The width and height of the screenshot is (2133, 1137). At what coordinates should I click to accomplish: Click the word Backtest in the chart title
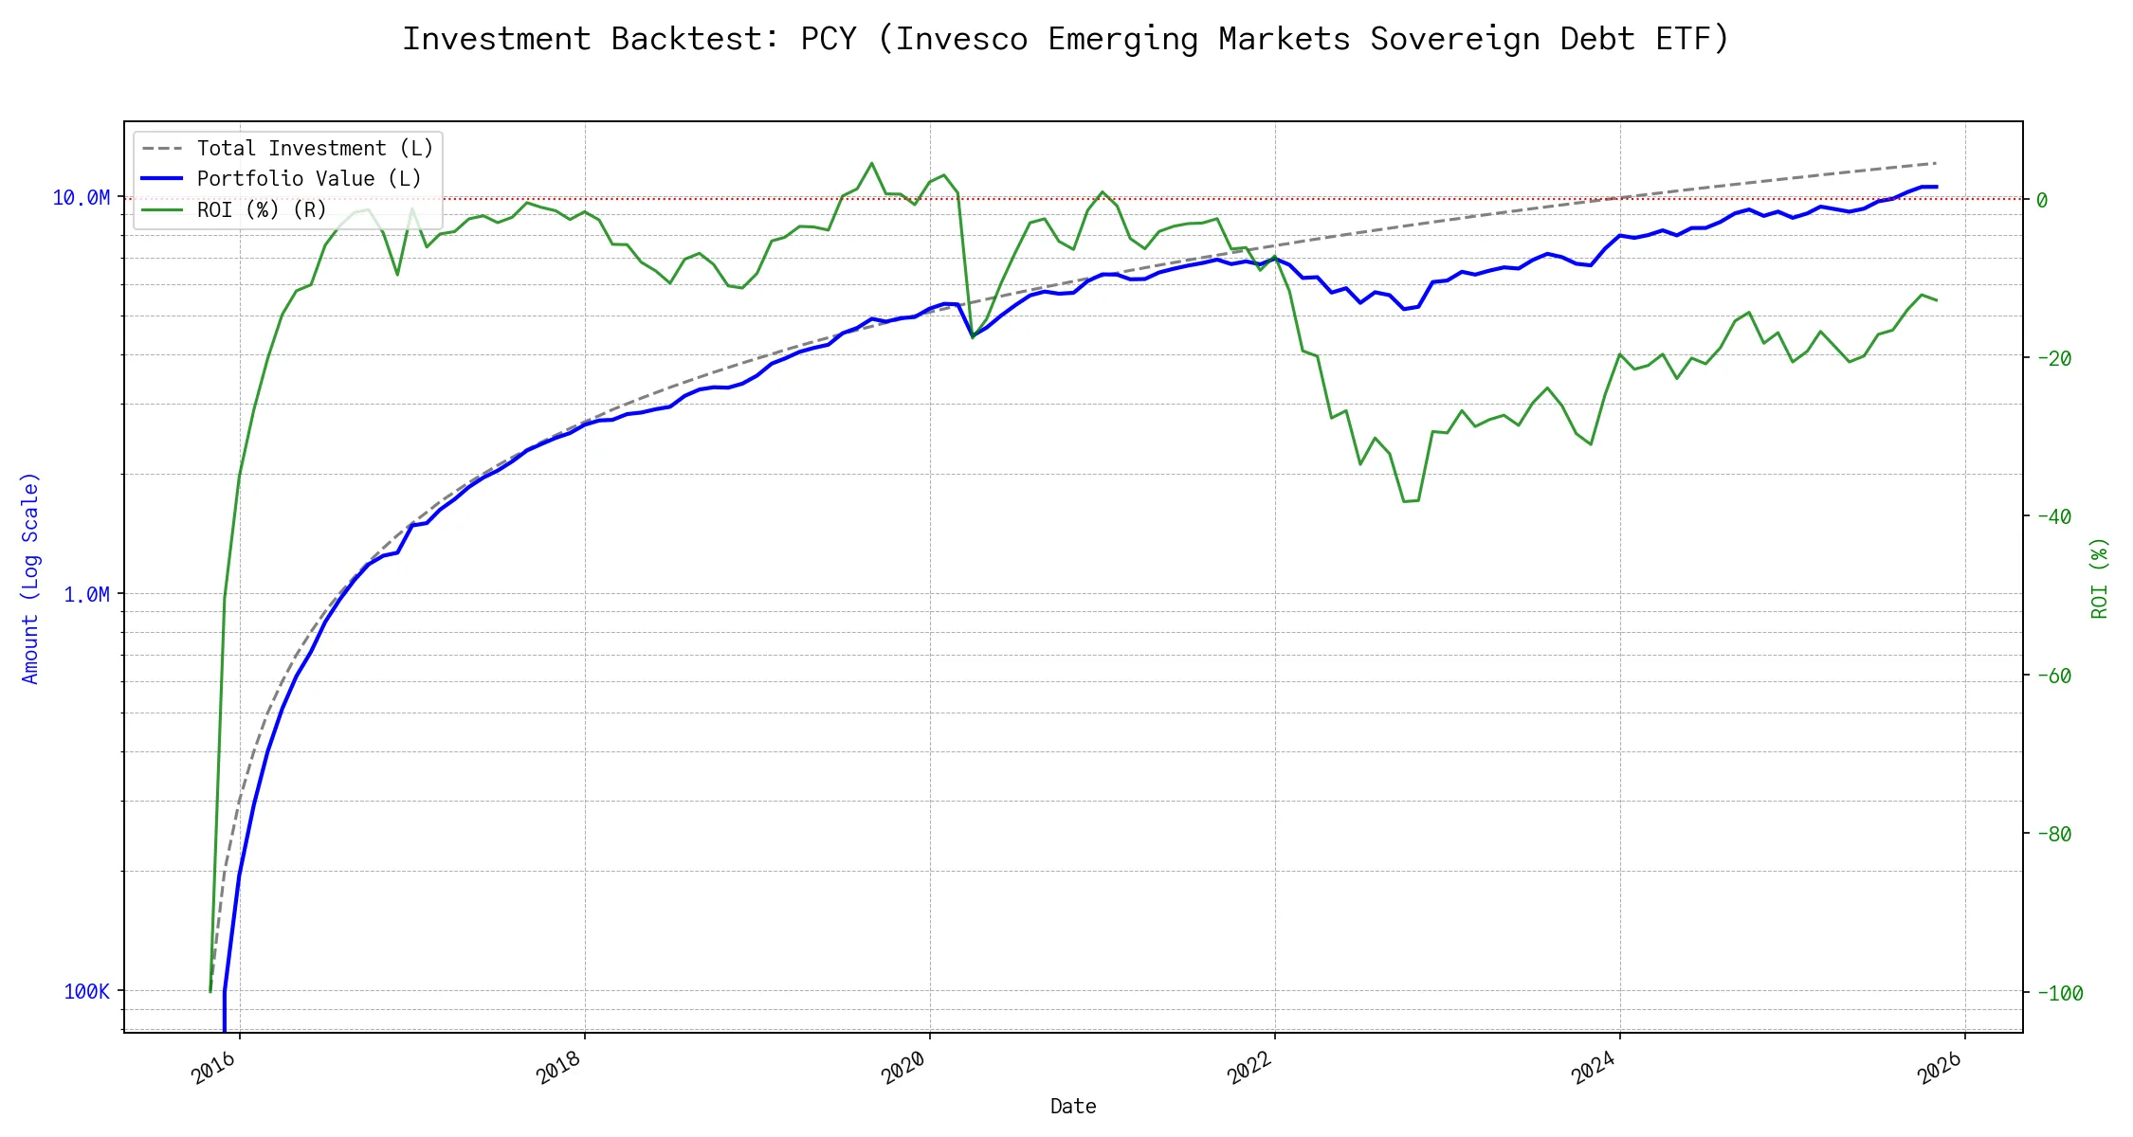tap(696, 39)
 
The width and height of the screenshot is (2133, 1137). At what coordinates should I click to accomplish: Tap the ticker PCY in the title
tap(829, 39)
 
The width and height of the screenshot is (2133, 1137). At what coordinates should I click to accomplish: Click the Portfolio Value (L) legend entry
tap(309, 179)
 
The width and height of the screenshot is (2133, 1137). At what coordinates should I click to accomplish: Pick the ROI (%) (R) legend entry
tap(262, 209)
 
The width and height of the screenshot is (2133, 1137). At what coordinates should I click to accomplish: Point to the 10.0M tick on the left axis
tap(81, 198)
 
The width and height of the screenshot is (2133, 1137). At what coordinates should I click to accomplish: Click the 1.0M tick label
tap(86, 595)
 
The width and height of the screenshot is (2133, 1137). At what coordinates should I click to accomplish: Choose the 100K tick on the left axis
tap(86, 992)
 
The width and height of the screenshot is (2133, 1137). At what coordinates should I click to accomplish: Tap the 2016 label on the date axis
tap(214, 1069)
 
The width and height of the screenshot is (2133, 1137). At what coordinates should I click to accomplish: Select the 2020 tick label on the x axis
tap(904, 1069)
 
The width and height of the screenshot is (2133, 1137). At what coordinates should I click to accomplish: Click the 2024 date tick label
tap(1595, 1069)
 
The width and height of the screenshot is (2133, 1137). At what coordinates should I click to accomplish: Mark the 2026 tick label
tap(1940, 1069)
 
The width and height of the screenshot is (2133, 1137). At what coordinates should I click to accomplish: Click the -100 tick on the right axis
tap(2058, 994)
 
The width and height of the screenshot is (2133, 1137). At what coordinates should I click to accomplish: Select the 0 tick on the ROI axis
tap(2041, 200)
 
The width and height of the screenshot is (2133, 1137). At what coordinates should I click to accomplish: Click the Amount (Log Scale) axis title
tap(30, 578)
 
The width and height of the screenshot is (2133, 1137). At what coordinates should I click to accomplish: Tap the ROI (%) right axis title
tap(2099, 578)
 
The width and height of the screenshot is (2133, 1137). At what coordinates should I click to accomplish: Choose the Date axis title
tap(1073, 1107)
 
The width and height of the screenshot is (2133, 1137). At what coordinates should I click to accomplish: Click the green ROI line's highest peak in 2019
tap(871, 163)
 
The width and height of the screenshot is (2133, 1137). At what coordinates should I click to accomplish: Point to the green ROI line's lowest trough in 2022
tap(1404, 501)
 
